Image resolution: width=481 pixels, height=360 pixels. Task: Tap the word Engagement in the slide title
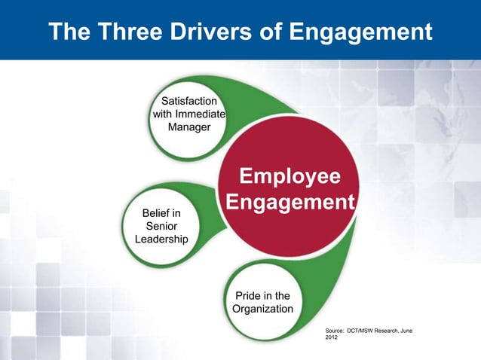pyautogui.click(x=362, y=32)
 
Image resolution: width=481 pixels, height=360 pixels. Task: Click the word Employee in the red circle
pyautogui.click(x=290, y=177)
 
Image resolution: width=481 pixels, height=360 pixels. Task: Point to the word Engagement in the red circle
pyautogui.click(x=290, y=203)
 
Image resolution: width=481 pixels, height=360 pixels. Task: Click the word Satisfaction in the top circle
pyautogui.click(x=186, y=101)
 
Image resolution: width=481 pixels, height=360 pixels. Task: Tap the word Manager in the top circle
pyautogui.click(x=188, y=127)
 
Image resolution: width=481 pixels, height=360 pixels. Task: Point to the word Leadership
pyautogui.click(x=161, y=239)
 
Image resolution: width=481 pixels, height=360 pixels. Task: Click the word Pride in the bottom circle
pyautogui.click(x=249, y=296)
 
